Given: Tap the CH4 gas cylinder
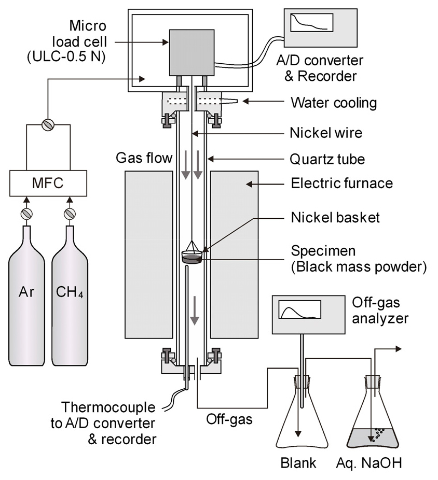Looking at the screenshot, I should pos(70,301).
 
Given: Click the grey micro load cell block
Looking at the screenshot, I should pos(191,51).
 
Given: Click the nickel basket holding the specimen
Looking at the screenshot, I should pos(191,256).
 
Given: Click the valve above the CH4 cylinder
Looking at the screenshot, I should pos(70,214).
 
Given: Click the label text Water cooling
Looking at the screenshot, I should pos(333,103).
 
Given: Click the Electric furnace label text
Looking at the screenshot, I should pos(342,183).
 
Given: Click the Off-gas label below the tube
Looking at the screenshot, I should pos(228,419).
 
